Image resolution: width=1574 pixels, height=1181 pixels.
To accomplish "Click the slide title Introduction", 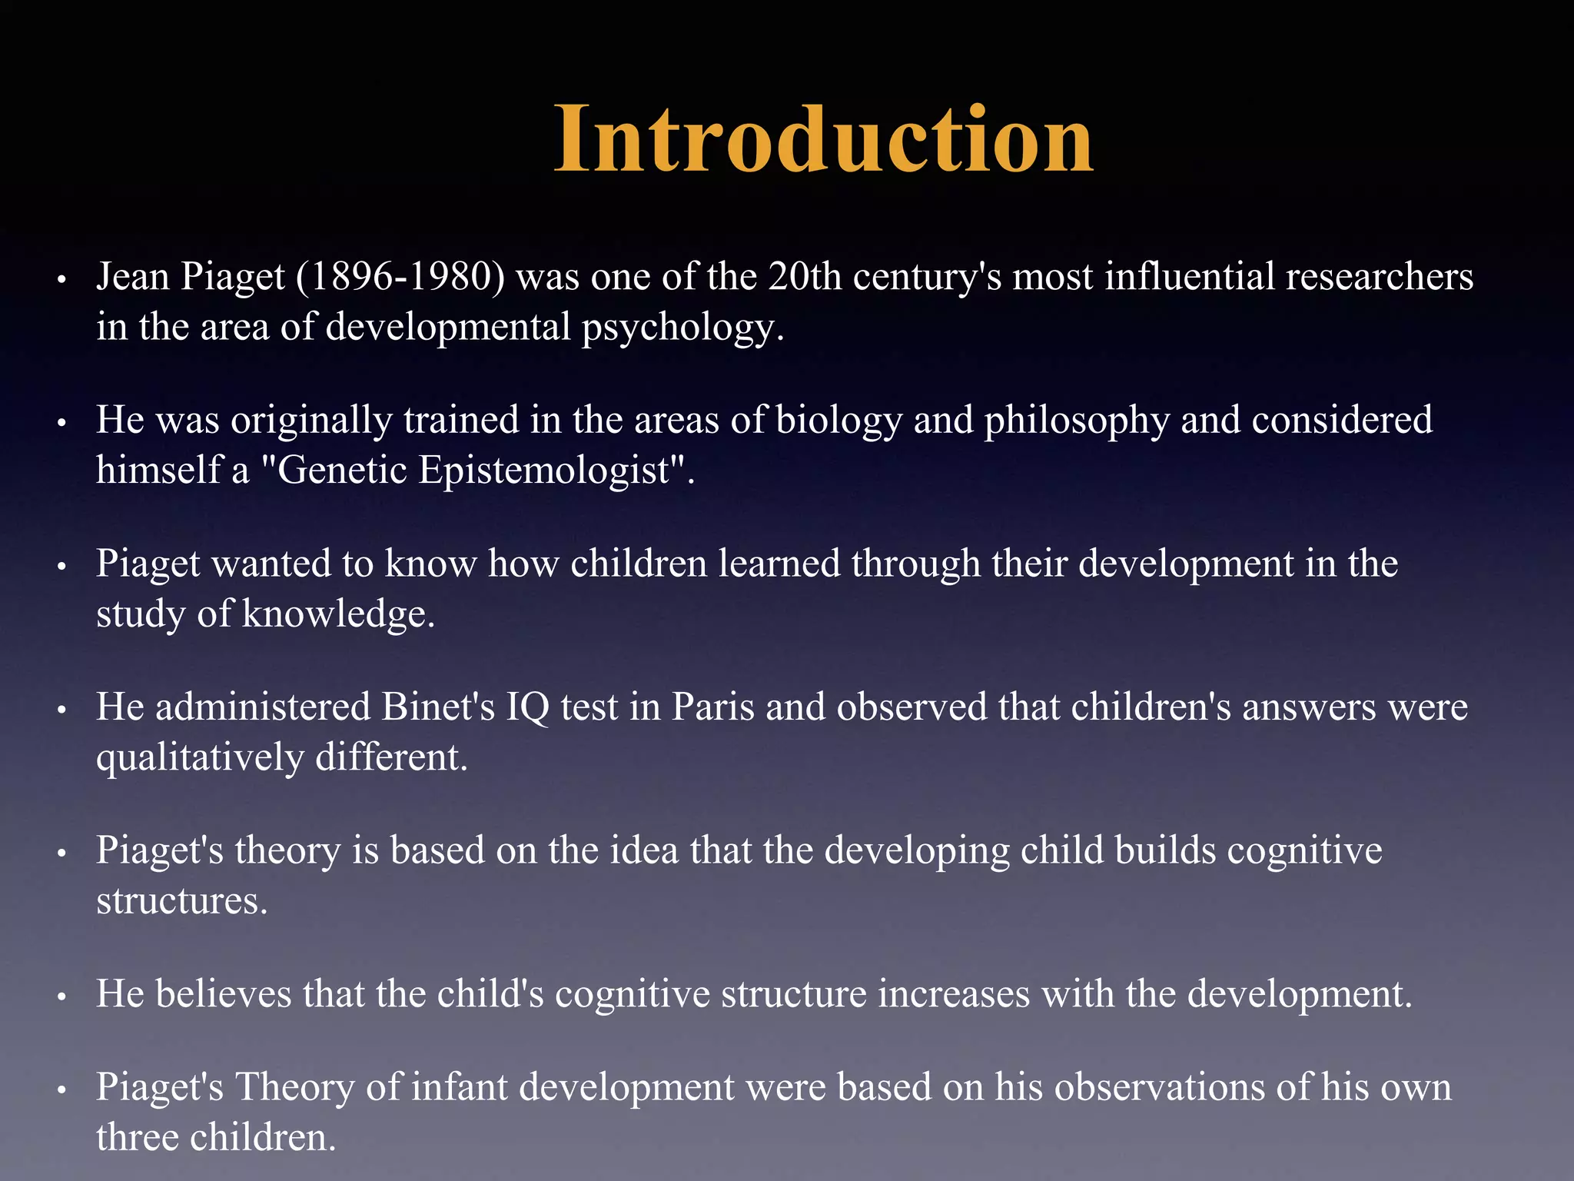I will (x=823, y=140).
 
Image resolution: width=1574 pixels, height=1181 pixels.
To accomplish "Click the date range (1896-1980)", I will (x=400, y=277).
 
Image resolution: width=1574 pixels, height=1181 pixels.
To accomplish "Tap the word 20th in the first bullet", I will (x=805, y=277).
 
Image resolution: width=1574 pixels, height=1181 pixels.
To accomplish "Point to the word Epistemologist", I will (x=546, y=471).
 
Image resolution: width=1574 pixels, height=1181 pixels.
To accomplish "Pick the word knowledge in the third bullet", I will (x=338, y=614).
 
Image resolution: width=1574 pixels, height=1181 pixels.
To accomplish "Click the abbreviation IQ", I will (x=527, y=707).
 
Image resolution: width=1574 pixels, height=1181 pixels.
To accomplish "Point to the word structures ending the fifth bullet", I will (x=181, y=901).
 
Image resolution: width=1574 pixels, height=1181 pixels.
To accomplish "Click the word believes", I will (x=223, y=993).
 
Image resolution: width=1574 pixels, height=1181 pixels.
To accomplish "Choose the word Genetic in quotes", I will (x=334, y=471).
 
